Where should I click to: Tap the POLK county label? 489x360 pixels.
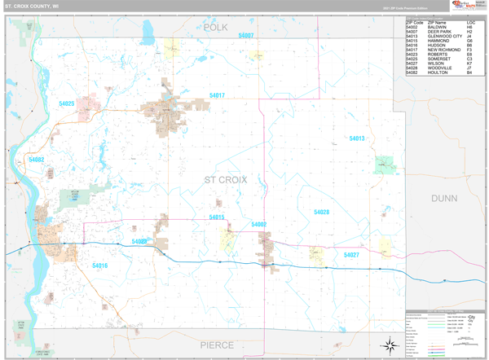(x=216, y=27)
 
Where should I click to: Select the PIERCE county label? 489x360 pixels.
(x=218, y=345)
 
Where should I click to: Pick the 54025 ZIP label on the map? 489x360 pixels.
(x=67, y=103)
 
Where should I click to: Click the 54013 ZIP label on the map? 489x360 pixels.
(x=357, y=138)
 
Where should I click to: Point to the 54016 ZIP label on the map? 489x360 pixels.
(x=99, y=266)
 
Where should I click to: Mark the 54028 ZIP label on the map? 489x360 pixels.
(x=321, y=212)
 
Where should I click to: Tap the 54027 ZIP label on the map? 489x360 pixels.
(x=351, y=255)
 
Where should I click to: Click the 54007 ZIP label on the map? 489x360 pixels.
(x=245, y=36)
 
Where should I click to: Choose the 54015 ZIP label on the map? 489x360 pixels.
(x=216, y=217)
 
